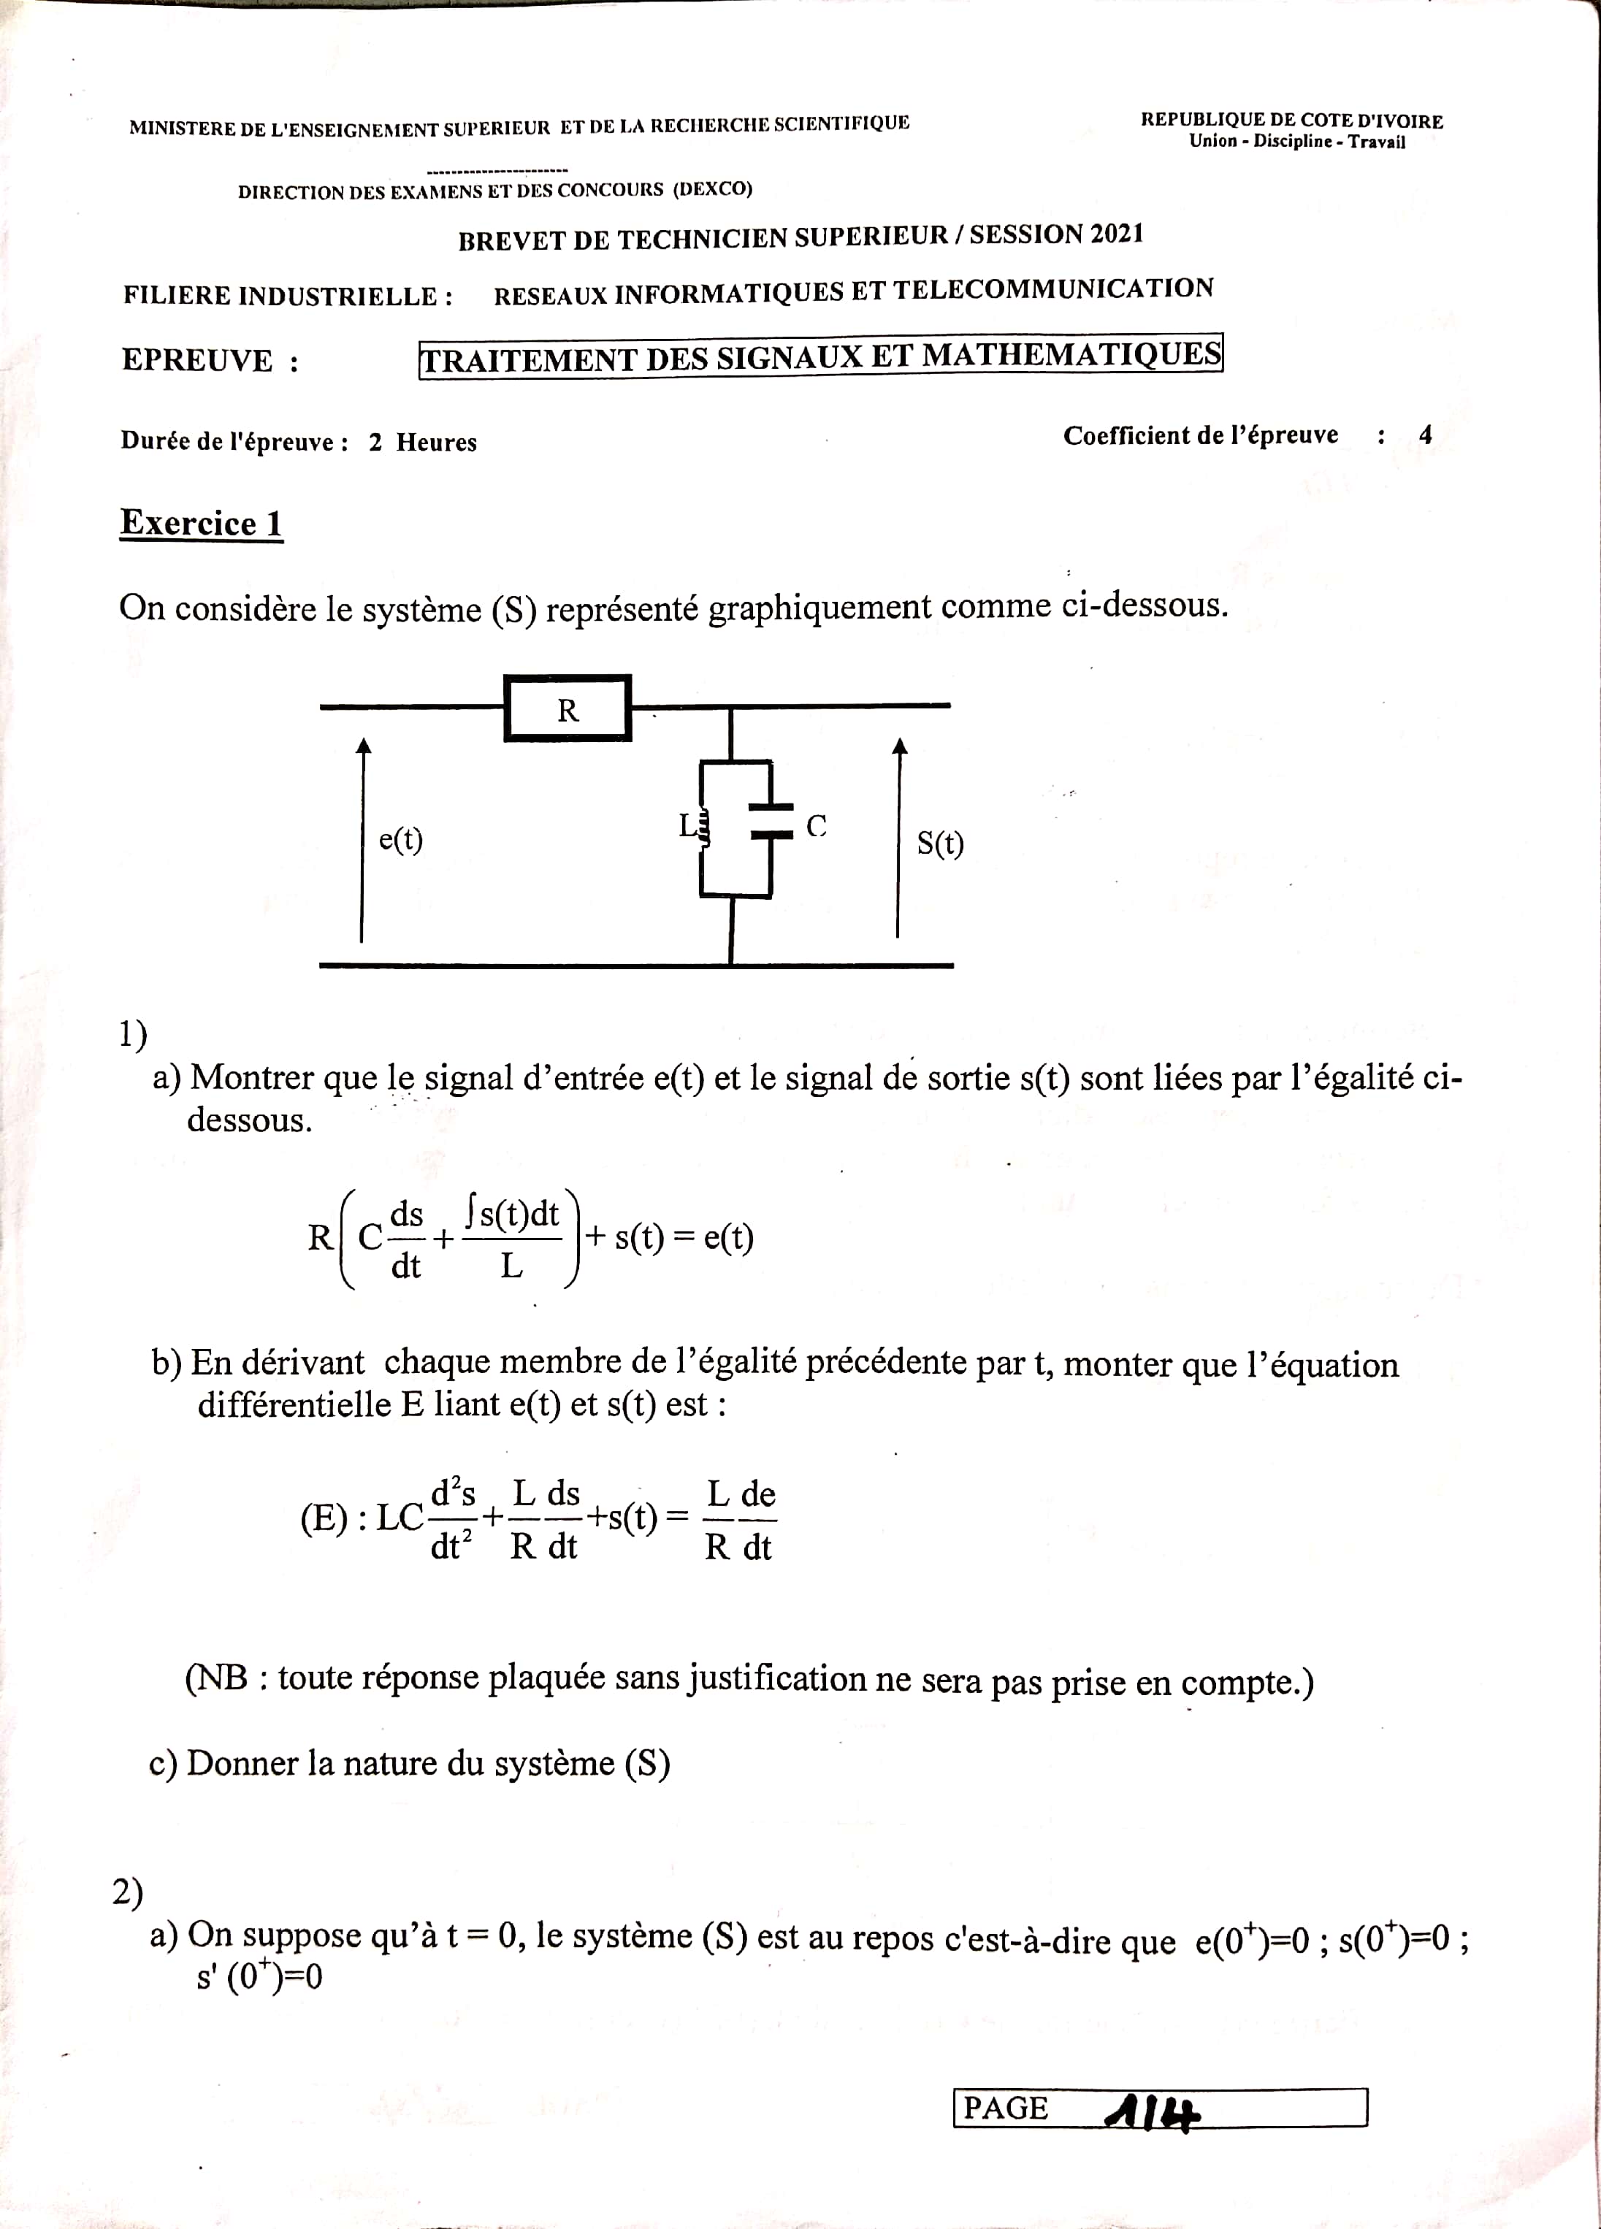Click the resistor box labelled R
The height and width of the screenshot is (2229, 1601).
567,708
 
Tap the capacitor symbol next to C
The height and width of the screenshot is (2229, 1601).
771,822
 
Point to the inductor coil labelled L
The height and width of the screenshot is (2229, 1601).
702,828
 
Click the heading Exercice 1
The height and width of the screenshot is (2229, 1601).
202,523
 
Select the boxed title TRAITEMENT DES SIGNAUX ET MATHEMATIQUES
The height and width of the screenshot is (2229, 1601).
821,356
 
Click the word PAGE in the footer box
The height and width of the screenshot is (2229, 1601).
1006,2107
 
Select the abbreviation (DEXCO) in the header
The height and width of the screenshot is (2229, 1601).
713,188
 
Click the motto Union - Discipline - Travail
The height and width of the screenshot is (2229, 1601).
1297,142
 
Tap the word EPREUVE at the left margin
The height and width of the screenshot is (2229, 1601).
196,361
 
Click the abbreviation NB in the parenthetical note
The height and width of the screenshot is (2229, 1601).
222,1677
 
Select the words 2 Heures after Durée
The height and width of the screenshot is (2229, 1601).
423,443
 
